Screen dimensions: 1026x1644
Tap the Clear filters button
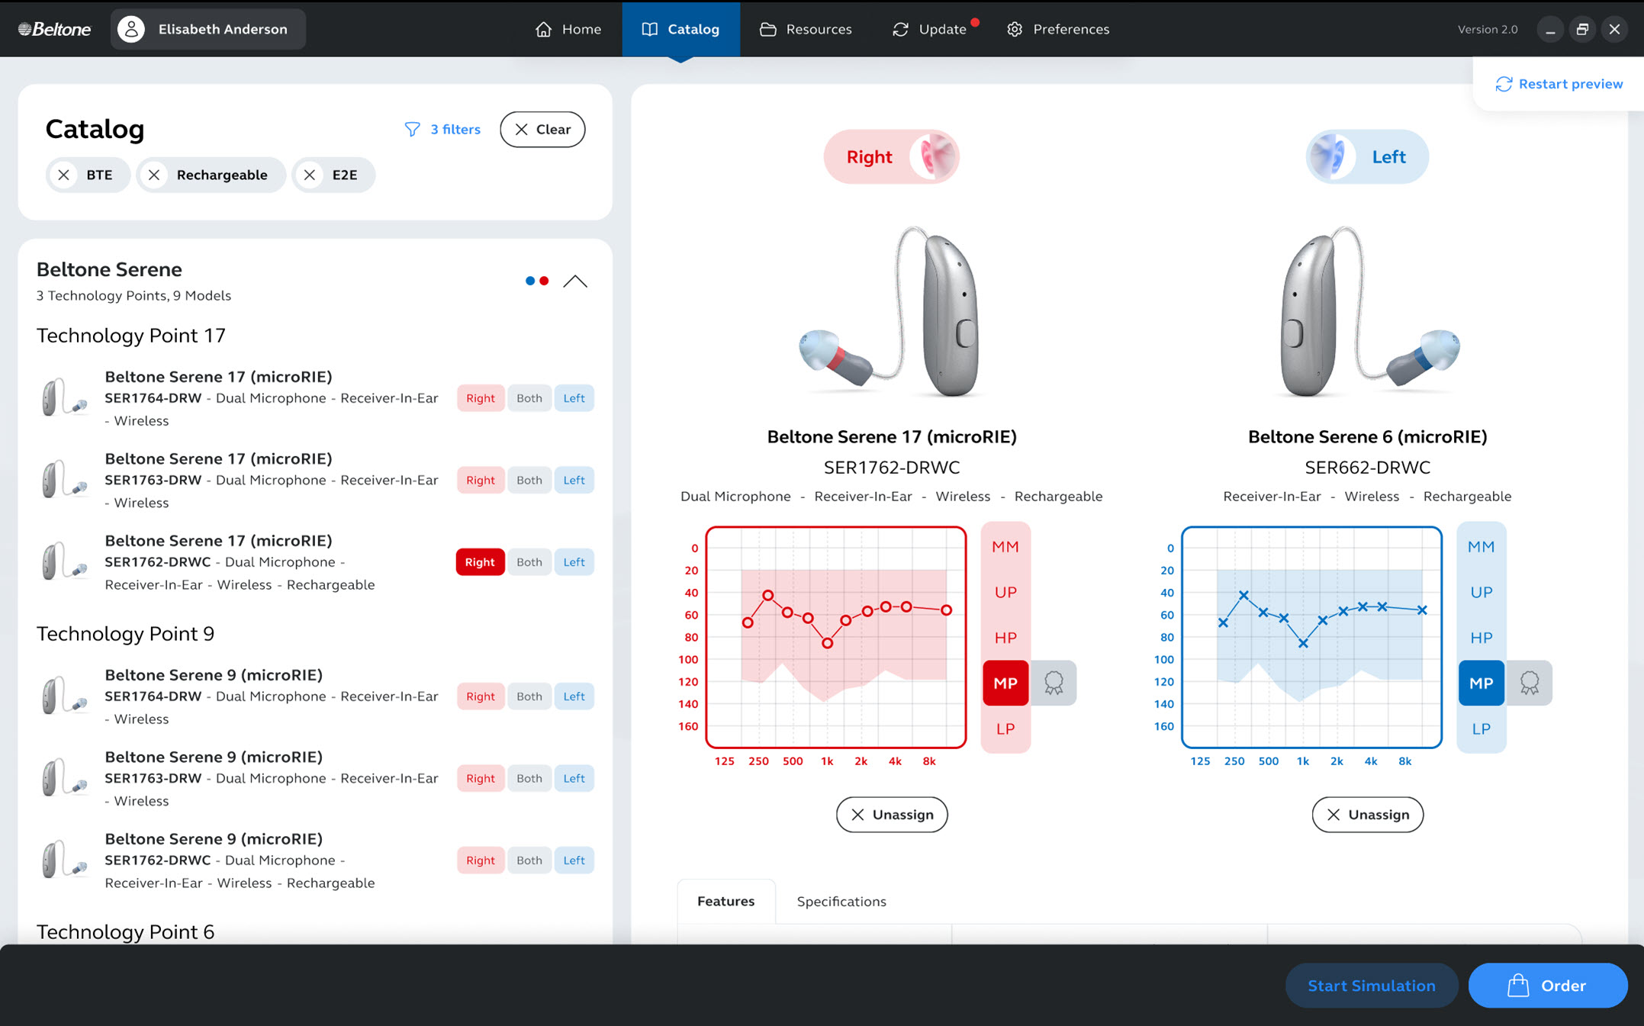(542, 129)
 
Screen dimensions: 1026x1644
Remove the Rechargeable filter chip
(155, 175)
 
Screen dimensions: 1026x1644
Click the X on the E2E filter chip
(310, 175)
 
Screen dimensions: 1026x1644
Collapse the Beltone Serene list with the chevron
(575, 281)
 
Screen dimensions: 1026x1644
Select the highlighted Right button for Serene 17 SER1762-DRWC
(480, 562)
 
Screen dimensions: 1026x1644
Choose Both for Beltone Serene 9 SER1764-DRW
(529, 696)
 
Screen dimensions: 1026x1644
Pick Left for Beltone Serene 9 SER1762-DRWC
(574, 860)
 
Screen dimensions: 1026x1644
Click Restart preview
(1559, 84)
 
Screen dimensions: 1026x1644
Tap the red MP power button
(1005, 683)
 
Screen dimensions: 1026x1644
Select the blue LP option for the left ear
(1481, 728)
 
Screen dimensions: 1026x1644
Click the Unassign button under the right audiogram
(891, 815)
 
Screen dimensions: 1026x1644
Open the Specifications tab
(841, 901)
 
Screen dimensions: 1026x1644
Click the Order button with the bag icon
(1547, 986)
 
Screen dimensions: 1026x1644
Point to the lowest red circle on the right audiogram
(827, 644)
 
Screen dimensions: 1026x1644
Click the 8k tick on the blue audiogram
(1404, 761)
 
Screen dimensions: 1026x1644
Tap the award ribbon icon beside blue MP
(1529, 683)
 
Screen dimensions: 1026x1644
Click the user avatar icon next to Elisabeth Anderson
(131, 29)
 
